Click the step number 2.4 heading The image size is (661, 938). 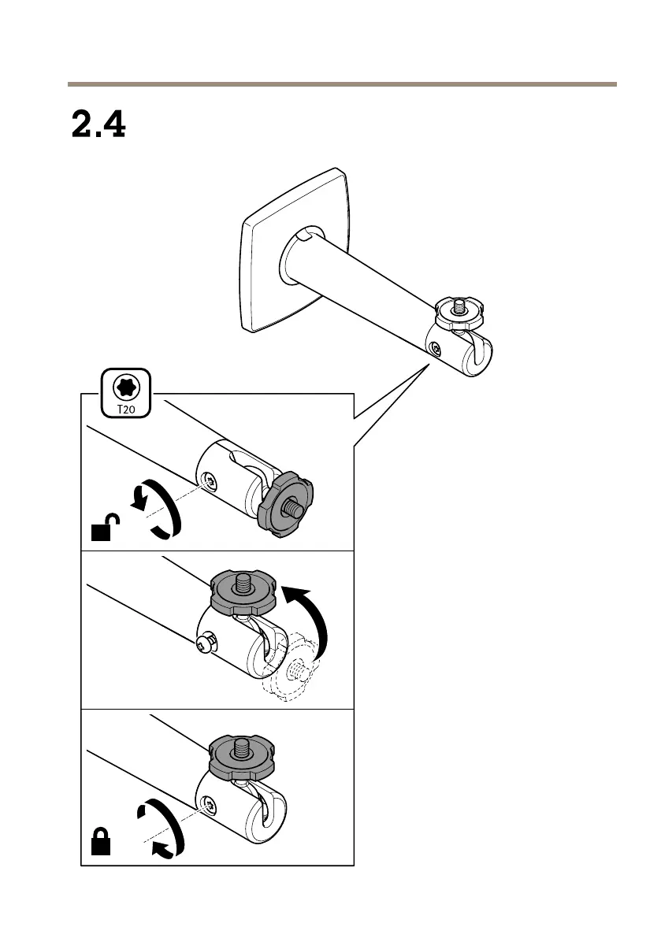pyautogui.click(x=98, y=124)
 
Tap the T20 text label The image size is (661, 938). pyautogui.click(x=125, y=409)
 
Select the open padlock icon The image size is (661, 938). pyautogui.click(x=104, y=528)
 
